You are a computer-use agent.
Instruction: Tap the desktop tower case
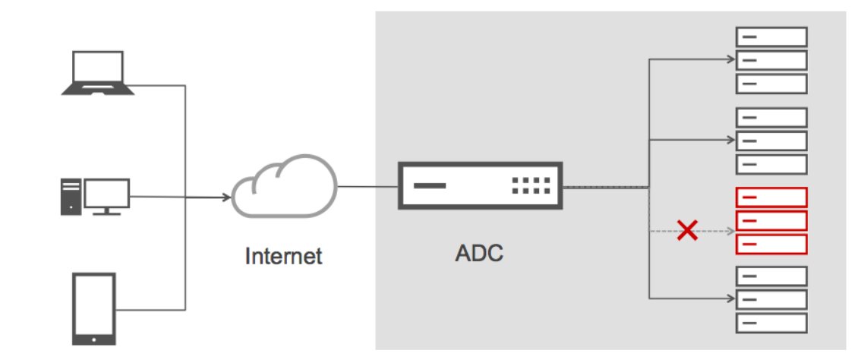click(70, 196)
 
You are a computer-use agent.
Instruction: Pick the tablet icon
click(93, 308)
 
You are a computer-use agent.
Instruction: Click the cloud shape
click(282, 188)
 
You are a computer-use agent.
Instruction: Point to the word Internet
click(283, 256)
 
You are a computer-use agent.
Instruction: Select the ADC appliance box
click(480, 185)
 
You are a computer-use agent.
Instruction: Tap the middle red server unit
click(771, 221)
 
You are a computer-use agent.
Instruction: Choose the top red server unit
click(771, 197)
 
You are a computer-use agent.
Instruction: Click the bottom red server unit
click(771, 245)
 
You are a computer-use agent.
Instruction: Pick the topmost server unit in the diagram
click(771, 36)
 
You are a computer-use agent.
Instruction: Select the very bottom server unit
click(771, 323)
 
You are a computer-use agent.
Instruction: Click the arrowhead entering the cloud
click(228, 199)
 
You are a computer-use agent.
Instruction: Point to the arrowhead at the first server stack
click(731, 59)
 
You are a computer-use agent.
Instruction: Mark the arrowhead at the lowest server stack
click(731, 298)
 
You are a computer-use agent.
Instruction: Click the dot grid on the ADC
click(530, 185)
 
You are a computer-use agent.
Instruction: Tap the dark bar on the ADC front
click(430, 185)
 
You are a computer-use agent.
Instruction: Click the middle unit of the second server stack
click(771, 141)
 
